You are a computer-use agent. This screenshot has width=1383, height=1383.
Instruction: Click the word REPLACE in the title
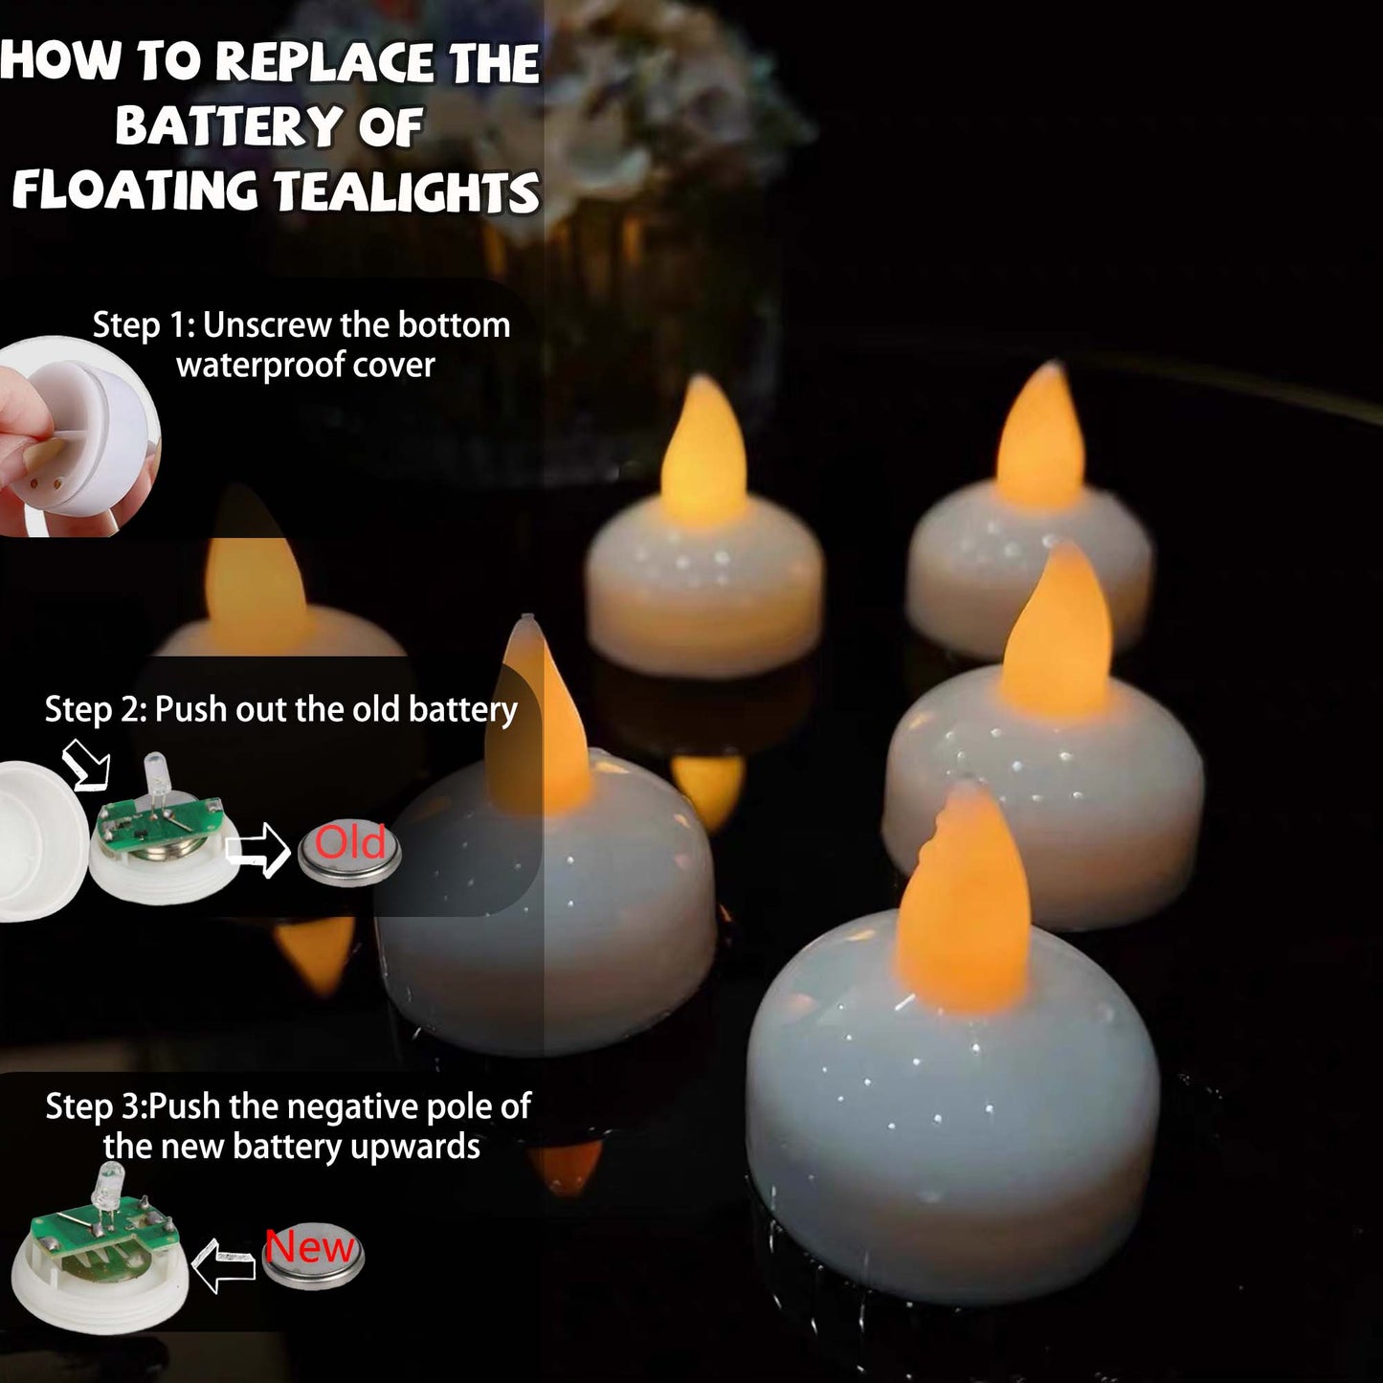pos(324,62)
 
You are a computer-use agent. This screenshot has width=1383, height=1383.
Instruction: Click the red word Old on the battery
pos(350,842)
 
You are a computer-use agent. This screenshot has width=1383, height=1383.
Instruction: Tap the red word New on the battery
pos(310,1247)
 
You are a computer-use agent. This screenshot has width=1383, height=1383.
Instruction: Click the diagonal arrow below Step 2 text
pos(86,765)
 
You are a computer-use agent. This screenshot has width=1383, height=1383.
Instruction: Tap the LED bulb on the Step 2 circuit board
pos(155,773)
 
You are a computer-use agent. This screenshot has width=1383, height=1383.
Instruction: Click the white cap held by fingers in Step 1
pos(100,434)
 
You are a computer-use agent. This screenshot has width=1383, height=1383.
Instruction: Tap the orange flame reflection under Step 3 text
pos(567,1163)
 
